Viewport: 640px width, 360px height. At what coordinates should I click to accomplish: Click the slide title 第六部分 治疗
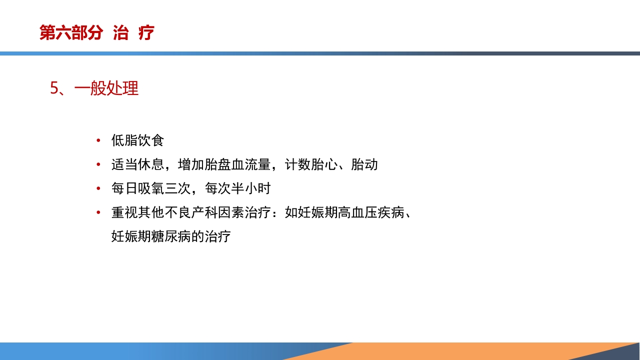(97, 33)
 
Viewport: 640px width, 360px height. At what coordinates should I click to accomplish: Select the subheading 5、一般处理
(94, 88)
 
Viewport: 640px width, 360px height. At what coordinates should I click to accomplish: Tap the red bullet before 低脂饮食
(98, 141)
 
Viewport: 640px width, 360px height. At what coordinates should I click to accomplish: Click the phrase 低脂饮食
(137, 141)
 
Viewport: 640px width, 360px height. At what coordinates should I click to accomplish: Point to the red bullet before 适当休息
(98, 165)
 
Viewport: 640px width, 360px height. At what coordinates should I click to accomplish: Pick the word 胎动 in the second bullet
(364, 165)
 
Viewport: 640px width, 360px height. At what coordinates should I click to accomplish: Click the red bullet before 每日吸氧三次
(98, 189)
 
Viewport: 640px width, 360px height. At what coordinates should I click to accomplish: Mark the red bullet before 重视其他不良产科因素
(98, 213)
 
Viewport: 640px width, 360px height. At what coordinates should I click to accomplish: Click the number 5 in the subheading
(54, 88)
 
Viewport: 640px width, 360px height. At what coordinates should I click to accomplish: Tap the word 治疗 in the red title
(133, 33)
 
